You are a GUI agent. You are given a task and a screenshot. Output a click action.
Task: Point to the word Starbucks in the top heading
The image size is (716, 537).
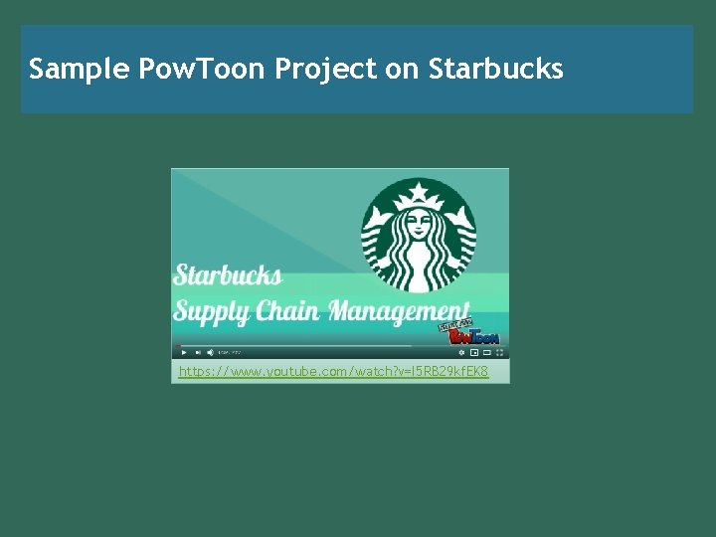(x=496, y=69)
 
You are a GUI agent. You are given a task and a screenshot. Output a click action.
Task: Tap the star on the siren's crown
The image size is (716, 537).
(x=419, y=191)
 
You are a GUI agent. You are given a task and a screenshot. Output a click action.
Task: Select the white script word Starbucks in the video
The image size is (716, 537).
(x=228, y=276)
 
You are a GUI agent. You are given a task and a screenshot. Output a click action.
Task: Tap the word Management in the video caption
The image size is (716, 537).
(x=399, y=311)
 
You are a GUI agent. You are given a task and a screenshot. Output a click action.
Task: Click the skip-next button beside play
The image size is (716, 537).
(x=197, y=352)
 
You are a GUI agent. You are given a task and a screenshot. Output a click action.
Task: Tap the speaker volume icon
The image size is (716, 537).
(x=210, y=352)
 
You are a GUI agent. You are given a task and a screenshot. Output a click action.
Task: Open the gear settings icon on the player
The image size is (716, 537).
(x=460, y=352)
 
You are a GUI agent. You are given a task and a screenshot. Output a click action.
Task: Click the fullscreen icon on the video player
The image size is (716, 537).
(x=500, y=352)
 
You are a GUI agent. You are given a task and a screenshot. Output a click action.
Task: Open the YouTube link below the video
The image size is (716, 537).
(x=333, y=372)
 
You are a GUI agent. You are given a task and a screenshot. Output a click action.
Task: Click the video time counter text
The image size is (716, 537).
(x=230, y=352)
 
